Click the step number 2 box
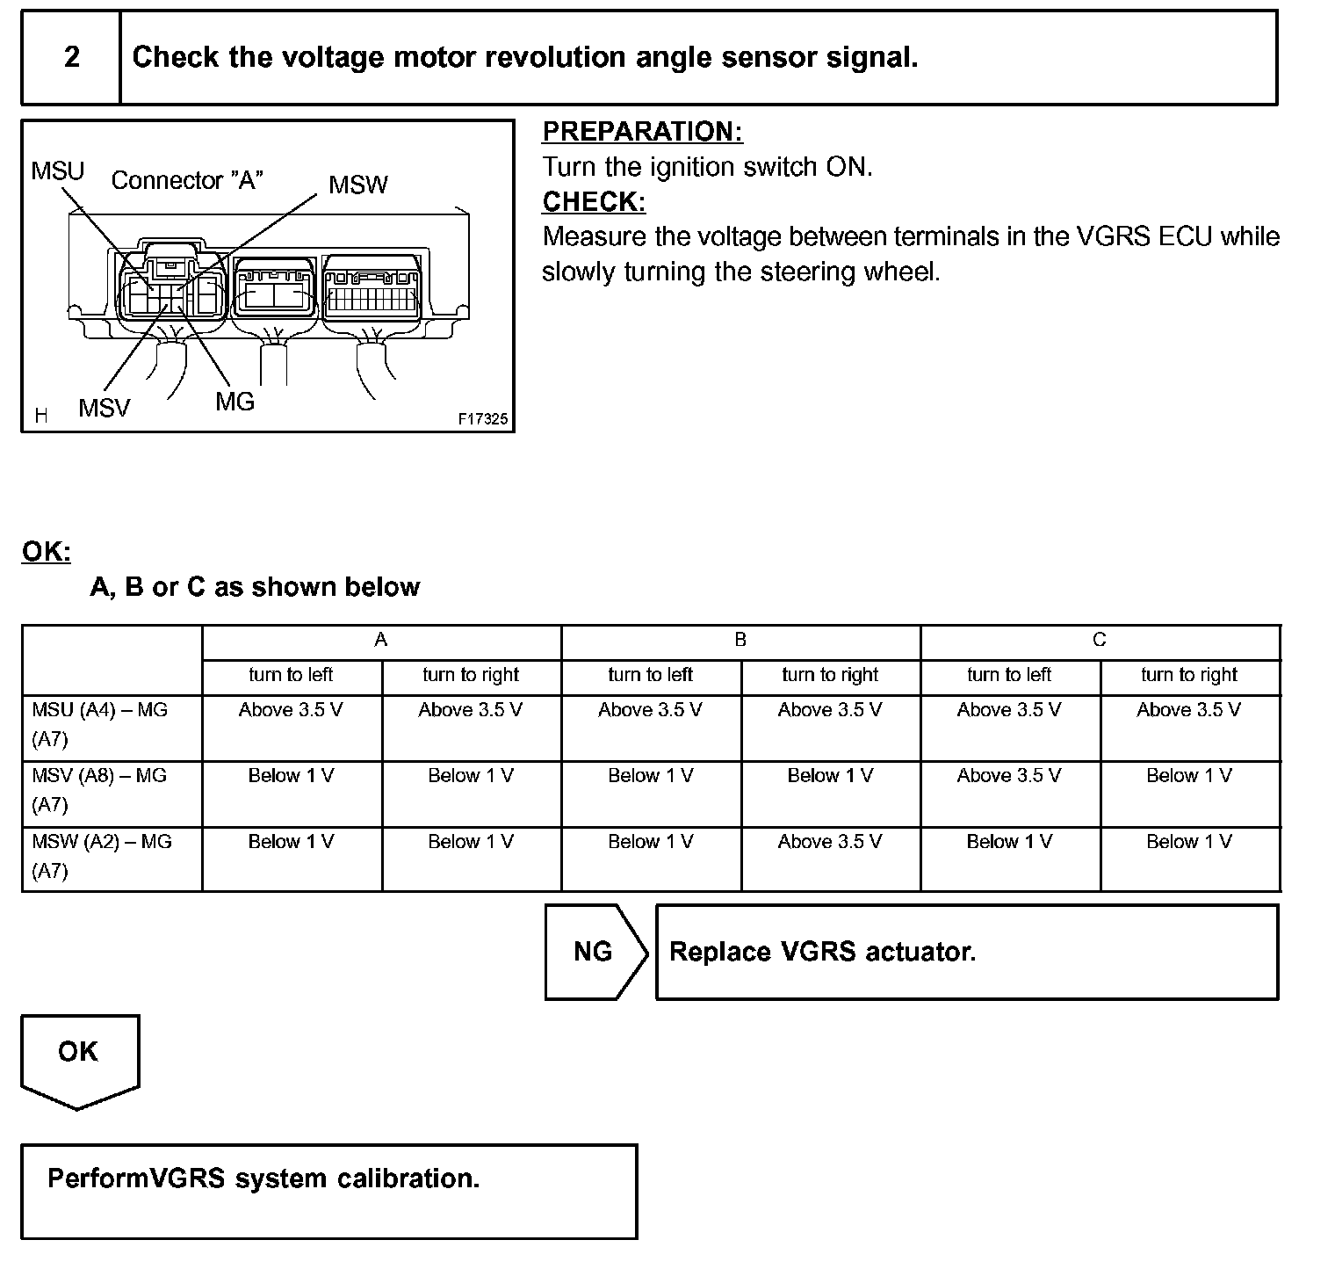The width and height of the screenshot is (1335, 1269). pos(71,58)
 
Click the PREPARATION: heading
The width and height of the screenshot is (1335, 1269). pos(642,132)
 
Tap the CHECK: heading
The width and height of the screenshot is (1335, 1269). pos(594,202)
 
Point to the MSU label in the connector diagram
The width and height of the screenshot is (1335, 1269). pos(57,170)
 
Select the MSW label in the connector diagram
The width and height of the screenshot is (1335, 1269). pos(357,185)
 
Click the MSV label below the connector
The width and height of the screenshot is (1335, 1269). pos(104,408)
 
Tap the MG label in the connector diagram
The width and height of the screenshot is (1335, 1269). pos(235,402)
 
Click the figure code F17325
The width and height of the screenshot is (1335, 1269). pos(482,419)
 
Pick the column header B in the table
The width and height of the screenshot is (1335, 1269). pos(740,641)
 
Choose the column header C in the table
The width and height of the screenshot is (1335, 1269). pos(1100,641)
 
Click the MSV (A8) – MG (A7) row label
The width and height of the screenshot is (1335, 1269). pos(99,790)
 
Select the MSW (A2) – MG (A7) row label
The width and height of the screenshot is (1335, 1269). pos(102,856)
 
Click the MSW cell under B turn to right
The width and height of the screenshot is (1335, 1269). pos(830,842)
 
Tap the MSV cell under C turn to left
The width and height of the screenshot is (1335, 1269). pos(1009,776)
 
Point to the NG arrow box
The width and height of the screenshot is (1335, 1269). pos(594,952)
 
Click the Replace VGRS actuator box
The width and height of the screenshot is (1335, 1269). pos(966,952)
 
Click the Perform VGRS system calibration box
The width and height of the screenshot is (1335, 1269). pos(328,1191)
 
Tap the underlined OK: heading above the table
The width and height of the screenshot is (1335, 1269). pos(46,552)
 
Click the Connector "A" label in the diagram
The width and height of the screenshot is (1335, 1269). pos(187,181)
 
